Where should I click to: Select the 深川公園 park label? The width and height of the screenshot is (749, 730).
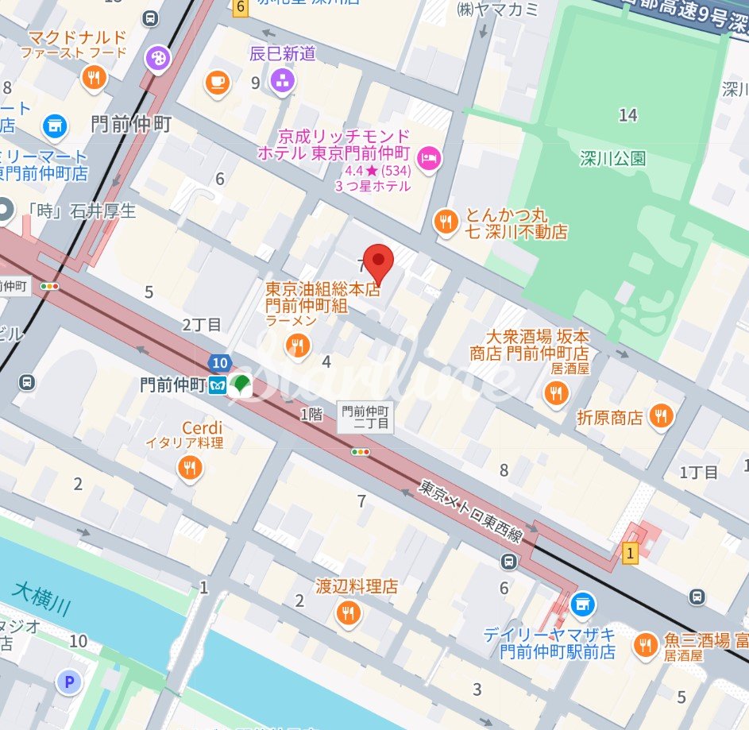pos(612,158)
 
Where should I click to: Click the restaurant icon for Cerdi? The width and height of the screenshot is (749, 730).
pos(189,468)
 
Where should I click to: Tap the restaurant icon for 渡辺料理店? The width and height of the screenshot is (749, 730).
pos(347,612)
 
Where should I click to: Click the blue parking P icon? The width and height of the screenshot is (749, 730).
pos(68,681)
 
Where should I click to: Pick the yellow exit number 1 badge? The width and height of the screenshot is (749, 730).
pos(631,553)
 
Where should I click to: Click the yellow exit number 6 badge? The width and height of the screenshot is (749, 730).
pos(240,7)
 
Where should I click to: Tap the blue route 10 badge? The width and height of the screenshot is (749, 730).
pos(221,363)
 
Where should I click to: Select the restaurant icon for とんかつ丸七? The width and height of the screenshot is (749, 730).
pos(446,222)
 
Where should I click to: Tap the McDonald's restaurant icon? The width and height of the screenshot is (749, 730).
pos(94,76)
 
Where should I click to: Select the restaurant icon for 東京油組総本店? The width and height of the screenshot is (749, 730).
pos(299,345)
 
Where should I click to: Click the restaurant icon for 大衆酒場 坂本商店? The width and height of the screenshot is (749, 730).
pos(555,392)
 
